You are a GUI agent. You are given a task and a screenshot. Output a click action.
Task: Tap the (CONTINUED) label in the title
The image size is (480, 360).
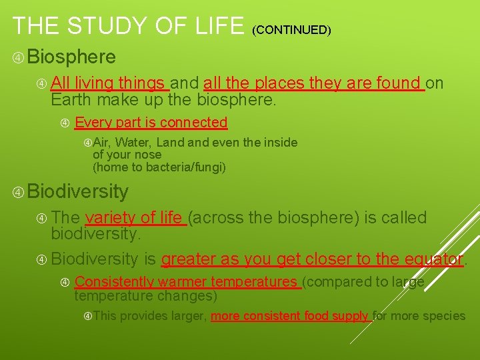tap(291, 29)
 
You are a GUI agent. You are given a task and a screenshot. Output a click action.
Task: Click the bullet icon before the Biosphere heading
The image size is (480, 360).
tap(19, 57)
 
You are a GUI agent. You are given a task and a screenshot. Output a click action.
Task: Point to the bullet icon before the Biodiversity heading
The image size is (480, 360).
tap(19, 192)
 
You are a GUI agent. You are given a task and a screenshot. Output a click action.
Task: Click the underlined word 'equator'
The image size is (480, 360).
tap(435, 259)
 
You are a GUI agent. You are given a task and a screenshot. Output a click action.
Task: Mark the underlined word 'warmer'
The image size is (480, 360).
tap(183, 282)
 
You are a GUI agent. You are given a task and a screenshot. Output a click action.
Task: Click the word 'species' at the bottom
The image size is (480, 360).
tap(443, 316)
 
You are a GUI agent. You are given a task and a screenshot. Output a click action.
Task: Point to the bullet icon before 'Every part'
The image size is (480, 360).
tap(65, 123)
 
